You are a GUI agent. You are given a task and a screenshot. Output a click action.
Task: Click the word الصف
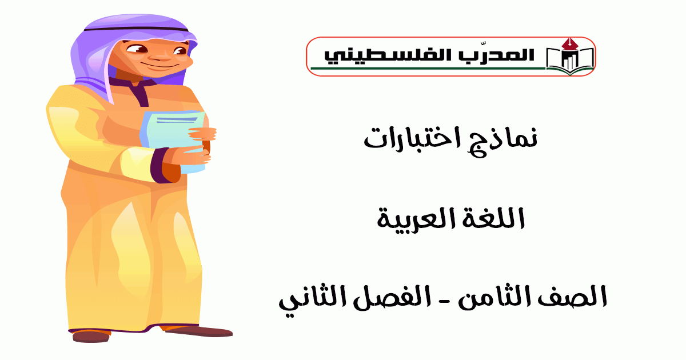click(580, 297)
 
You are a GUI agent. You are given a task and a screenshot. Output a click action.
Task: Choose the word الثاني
click(312, 298)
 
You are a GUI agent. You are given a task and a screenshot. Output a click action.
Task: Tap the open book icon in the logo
click(569, 61)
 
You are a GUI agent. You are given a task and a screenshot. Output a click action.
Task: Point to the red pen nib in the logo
click(569, 44)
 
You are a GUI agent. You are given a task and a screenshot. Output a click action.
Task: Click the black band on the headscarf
click(136, 29)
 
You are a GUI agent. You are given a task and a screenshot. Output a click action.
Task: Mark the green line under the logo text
click(428, 68)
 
